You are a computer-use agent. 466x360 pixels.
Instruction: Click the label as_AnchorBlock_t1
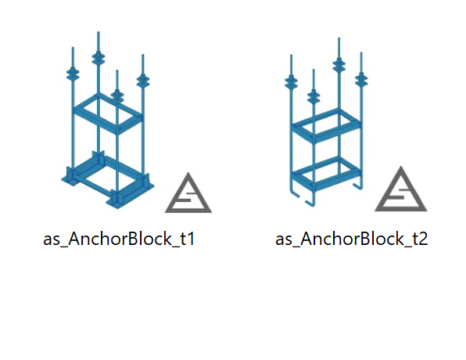119,239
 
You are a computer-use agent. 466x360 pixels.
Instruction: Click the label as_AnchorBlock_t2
352,239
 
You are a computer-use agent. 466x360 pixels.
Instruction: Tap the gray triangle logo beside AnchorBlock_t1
188,193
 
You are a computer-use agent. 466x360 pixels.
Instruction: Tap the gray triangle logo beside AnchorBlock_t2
400,189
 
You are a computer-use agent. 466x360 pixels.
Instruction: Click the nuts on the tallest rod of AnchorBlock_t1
98,58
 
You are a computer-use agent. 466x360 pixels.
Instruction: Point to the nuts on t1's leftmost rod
73,74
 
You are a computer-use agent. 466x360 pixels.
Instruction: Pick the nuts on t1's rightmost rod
143,81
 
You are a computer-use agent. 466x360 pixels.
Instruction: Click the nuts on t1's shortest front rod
117,95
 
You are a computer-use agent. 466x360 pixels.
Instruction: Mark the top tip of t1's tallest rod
99,32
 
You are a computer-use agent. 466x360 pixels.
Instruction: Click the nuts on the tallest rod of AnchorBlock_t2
339,65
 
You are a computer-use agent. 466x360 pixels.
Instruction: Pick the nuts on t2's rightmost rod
361,79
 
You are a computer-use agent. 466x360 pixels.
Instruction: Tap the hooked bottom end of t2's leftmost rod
292,193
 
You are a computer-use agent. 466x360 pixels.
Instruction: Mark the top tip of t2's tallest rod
339,38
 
